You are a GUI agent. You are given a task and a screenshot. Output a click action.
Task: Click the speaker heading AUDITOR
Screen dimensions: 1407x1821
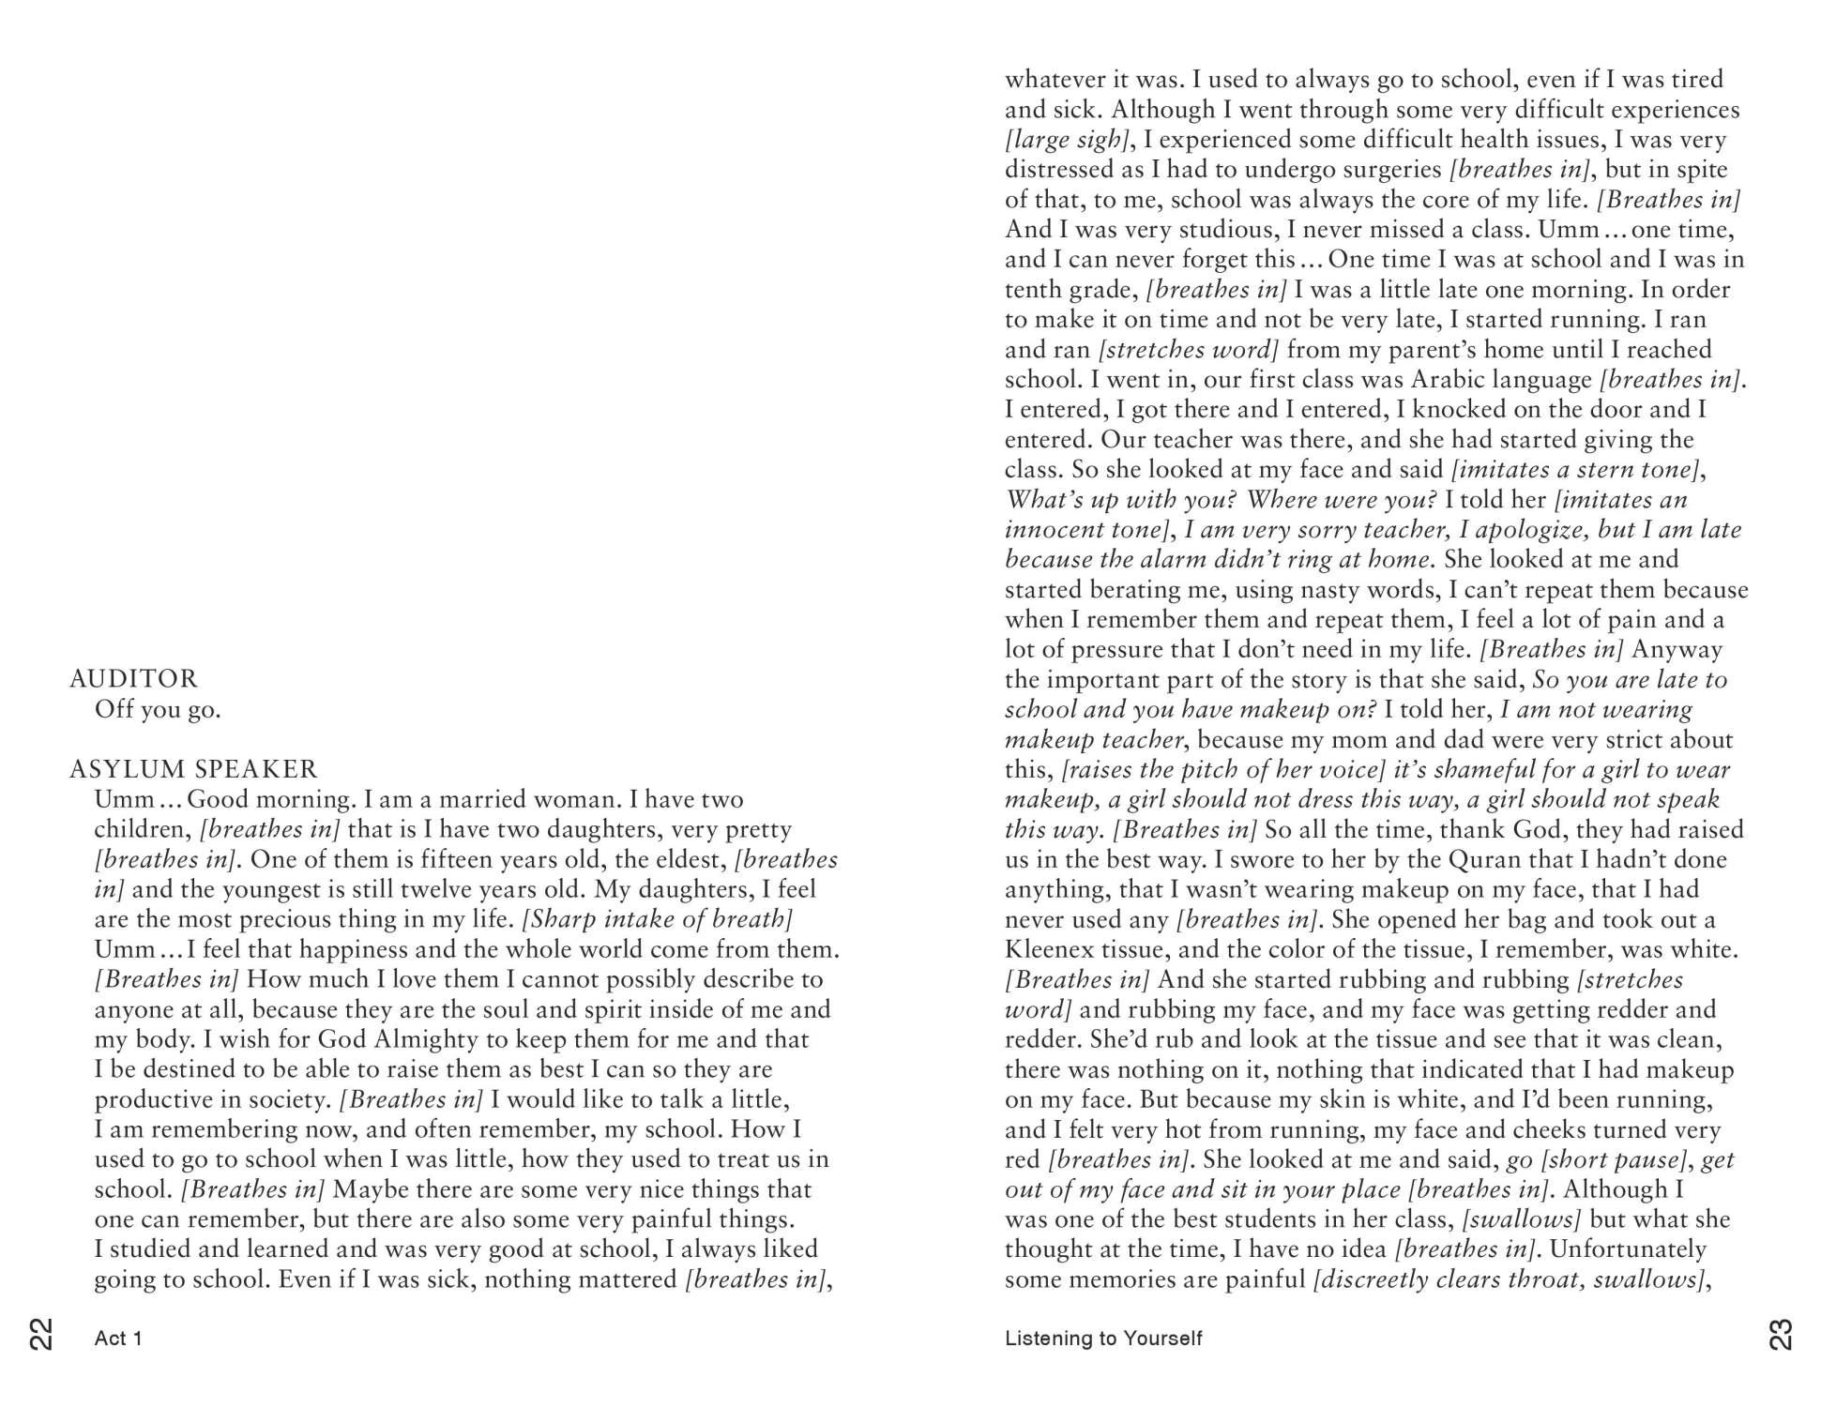point(133,679)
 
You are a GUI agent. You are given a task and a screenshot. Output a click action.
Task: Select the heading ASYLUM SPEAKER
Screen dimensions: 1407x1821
point(193,769)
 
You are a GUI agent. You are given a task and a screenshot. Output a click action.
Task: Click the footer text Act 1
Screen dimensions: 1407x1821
point(118,1339)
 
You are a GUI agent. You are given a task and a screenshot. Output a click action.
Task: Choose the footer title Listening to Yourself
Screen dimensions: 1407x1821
point(1102,1339)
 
